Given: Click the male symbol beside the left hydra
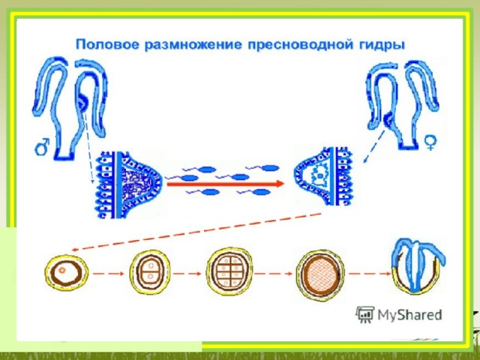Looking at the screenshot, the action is coord(42,147).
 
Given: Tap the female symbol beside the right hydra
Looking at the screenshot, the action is coord(430,143).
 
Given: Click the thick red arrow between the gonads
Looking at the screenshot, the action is coord(226,184).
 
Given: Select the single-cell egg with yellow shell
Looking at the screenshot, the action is coord(67,271).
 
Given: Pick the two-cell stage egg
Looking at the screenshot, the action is coord(150,271).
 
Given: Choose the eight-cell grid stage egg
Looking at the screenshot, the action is coord(229,271).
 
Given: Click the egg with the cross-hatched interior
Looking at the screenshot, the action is coord(320,273).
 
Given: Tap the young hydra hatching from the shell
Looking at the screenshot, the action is coord(418,266).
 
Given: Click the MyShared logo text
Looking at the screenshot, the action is coord(410,315).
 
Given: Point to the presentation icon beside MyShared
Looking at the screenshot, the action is coord(365,314).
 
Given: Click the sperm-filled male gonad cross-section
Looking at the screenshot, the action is coord(128,184).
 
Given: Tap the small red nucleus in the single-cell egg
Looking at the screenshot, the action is coord(62,270).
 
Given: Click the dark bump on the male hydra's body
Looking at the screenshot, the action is coord(82,103).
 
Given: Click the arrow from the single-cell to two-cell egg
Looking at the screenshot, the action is coord(108,274).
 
